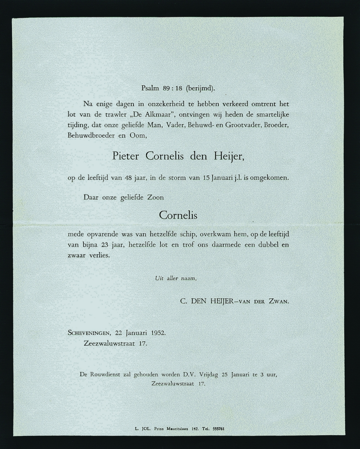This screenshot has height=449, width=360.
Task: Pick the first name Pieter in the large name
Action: (125, 156)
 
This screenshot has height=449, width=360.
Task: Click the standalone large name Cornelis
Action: (178, 215)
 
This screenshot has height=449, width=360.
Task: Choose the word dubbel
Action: (267, 245)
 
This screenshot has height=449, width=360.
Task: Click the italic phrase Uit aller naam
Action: (175, 278)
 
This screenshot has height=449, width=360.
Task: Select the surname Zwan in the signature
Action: (278, 302)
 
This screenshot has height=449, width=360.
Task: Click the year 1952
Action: (158, 333)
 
